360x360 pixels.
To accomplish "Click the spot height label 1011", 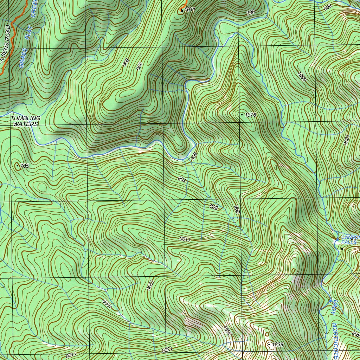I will pos(189,10).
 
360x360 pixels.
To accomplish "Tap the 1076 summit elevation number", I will pos(251,115).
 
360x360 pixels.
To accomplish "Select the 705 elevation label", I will pos(24,166).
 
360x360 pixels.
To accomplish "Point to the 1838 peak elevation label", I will pos(278,345).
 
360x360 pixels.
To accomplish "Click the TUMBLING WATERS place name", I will pos(25,121).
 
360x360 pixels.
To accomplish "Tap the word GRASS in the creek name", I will pos(22,58).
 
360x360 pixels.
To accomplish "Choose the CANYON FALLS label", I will pos(350,240).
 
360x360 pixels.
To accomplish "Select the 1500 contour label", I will pos(227,330).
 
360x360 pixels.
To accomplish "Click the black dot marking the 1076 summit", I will pos(242,115).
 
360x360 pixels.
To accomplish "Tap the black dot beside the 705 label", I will pos(17,165).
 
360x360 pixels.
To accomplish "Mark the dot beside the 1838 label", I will pos(269,345).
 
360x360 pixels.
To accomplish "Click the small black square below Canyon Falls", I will pos(342,249).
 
